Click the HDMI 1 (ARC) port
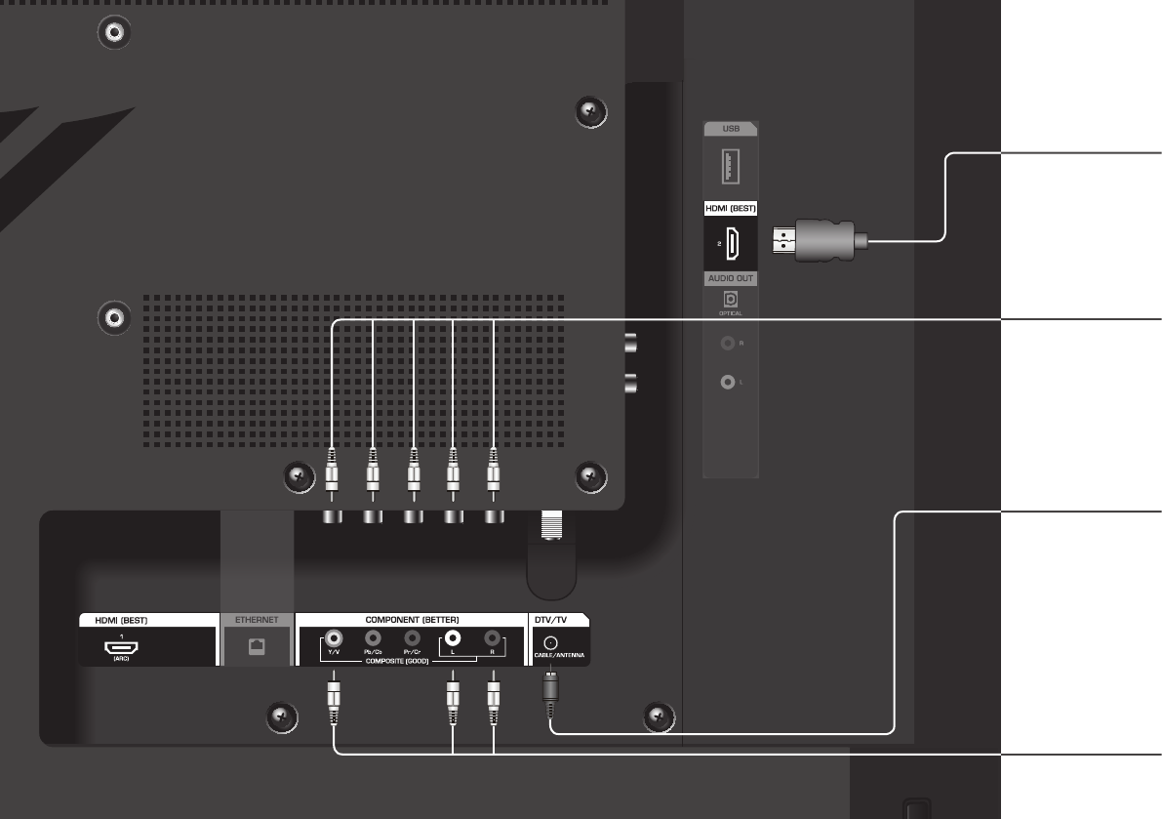coord(122,648)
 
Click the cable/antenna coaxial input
coord(551,642)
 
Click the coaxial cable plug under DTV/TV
coord(550,687)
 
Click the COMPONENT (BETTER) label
coord(411,620)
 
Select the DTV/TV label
coord(547,620)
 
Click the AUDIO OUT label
coord(731,278)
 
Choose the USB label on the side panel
coord(731,128)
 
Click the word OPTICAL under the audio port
coord(731,313)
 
